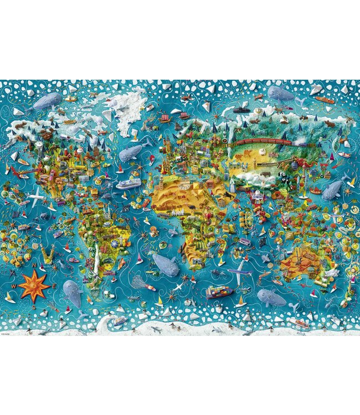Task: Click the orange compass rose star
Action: pyautogui.click(x=34, y=286)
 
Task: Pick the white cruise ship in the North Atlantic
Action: pyautogui.click(x=128, y=184)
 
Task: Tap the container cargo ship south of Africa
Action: pyautogui.click(x=219, y=291)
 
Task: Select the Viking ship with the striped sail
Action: pyautogui.click(x=164, y=118)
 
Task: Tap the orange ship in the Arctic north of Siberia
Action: pyautogui.click(x=325, y=101)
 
